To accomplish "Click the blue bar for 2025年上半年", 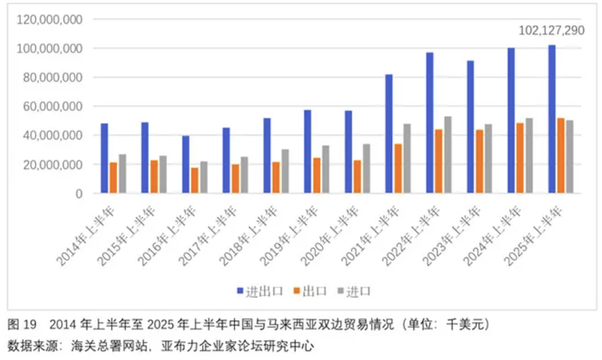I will tap(551, 119).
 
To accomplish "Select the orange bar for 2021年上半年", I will tap(397, 168).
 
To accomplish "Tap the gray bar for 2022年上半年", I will tap(448, 155).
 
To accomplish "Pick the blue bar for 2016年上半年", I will tap(185, 164).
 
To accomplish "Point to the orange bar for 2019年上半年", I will tap(317, 175).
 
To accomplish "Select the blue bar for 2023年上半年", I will tap(470, 127).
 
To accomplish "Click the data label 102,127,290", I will tap(551, 31).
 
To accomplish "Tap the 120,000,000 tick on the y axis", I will tap(50, 20).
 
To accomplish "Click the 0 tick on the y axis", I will tap(79, 194).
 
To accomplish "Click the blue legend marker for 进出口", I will tap(240, 291).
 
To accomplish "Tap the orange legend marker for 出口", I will tap(296, 291).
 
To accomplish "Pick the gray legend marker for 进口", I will tap(340, 291).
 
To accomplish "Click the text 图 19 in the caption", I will tap(21, 324).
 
